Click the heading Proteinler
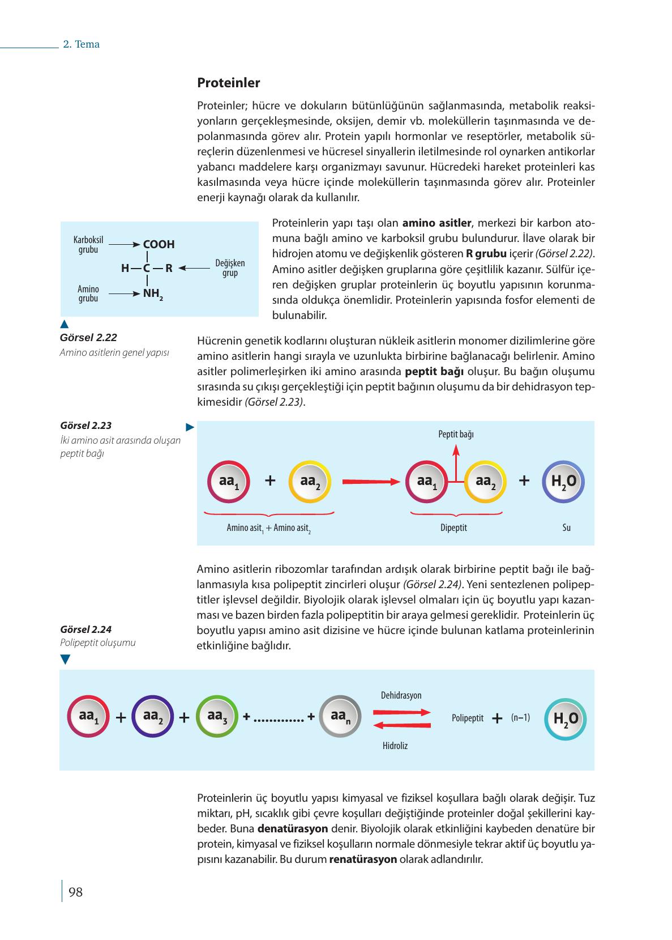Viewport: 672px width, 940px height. point(228,83)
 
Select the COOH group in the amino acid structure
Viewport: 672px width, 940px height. point(159,244)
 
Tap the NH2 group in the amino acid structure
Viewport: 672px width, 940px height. point(153,294)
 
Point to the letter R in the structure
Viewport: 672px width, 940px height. point(169,269)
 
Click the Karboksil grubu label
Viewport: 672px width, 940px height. point(88,245)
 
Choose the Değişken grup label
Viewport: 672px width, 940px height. point(230,268)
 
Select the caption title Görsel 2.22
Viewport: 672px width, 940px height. point(88,338)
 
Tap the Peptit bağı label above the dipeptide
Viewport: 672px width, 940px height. point(456,434)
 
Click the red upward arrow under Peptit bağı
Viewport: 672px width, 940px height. point(456,462)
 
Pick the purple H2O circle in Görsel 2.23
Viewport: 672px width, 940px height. point(563,482)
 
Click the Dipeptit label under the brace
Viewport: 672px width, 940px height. point(453,528)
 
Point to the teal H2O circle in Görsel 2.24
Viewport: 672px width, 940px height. point(565,718)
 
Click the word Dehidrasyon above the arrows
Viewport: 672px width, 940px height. point(401,695)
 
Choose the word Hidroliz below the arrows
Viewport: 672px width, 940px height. point(395,746)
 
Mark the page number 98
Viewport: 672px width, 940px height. point(75,892)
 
